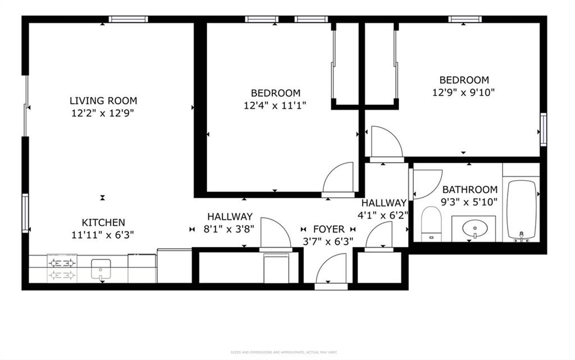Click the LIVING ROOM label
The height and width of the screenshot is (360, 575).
pos(103,101)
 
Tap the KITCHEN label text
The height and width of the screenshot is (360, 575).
pos(103,222)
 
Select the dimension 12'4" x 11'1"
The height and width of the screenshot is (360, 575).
pos(275,106)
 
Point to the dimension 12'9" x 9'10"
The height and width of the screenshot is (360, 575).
pos(464,92)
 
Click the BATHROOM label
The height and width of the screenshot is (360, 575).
pos(469,190)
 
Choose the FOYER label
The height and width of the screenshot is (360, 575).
pos(328,229)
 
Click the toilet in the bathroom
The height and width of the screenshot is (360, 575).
pos(432,223)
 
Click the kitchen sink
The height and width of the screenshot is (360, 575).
pos(102,269)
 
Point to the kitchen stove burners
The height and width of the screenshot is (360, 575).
pos(62,269)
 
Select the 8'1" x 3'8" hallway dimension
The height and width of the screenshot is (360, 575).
pos(230,229)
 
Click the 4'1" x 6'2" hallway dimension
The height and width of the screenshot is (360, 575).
pos(384,215)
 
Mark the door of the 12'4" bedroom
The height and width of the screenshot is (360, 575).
pos(339,180)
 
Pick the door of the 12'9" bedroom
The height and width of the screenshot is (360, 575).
pos(385,143)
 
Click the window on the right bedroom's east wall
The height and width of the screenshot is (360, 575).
pos(543,129)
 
